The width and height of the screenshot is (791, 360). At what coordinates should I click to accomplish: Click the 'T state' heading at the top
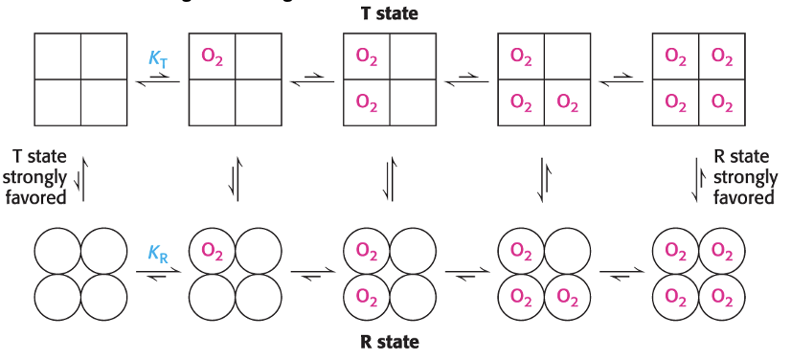click(391, 14)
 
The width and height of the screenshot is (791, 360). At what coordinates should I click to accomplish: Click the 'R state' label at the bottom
click(391, 341)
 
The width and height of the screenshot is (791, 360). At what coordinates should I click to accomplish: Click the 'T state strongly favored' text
click(39, 177)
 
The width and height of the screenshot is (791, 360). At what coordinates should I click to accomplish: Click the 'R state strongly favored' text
click(745, 177)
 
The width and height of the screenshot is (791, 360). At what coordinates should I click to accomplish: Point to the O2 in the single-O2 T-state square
click(212, 56)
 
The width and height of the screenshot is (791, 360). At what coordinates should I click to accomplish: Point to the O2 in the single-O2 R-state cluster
click(212, 252)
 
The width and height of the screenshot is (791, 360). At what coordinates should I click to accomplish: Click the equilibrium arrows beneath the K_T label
click(157, 83)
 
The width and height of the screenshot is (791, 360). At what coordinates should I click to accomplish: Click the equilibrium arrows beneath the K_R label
click(157, 276)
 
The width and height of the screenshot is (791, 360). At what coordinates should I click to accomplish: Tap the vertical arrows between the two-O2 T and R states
click(390, 178)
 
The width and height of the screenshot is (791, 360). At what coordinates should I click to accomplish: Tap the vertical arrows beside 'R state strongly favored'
click(698, 178)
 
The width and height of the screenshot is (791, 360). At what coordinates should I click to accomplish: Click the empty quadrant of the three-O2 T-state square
click(568, 56)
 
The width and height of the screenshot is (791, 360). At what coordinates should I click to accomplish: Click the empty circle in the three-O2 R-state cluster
click(568, 252)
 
